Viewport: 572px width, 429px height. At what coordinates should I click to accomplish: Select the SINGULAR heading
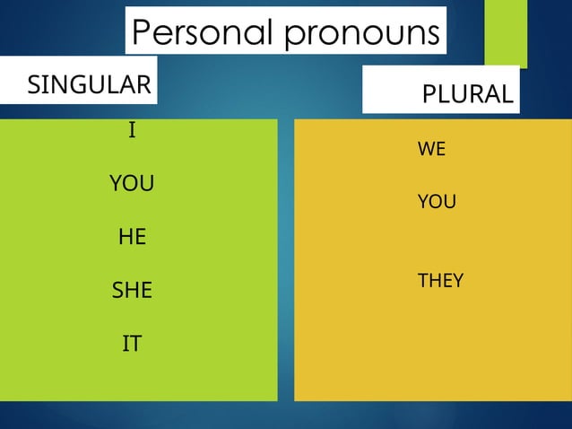(89, 85)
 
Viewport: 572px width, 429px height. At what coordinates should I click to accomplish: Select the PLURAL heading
(468, 94)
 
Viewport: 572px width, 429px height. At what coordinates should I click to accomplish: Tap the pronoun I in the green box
(132, 131)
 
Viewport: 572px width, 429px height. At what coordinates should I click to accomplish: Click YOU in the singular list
(132, 184)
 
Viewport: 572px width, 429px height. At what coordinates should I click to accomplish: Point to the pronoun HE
(132, 238)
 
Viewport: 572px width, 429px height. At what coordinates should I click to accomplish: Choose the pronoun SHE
(132, 291)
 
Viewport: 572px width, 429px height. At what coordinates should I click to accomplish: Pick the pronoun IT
(132, 344)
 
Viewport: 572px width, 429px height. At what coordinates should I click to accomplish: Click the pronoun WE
(431, 150)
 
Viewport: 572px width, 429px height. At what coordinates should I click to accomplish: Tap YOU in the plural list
(437, 203)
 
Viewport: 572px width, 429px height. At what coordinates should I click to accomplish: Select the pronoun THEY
(440, 281)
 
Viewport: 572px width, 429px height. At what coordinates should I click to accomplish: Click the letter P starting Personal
(141, 33)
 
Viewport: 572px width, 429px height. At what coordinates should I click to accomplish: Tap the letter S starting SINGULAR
(33, 86)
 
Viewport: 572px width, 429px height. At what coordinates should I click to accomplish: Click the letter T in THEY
(422, 281)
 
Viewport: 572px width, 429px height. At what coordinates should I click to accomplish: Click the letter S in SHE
(117, 291)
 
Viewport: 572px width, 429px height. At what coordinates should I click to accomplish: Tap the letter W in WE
(426, 150)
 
